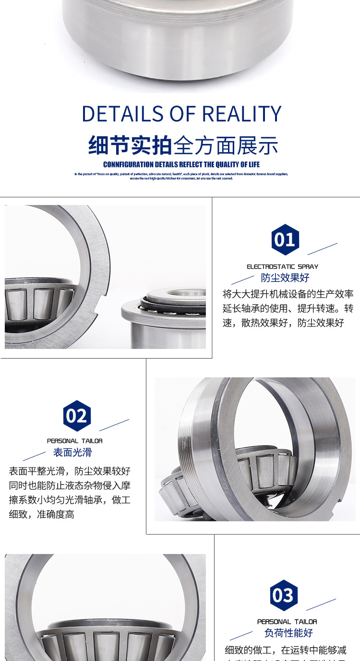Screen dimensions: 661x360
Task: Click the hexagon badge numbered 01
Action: [285, 239]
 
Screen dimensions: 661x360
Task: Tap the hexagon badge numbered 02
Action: [77, 416]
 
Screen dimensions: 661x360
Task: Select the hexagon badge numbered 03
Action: [284, 596]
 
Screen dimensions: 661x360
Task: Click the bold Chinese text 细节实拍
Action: [130, 145]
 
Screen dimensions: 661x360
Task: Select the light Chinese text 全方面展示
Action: [226, 145]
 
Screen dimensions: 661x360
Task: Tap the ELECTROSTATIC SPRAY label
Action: [282, 266]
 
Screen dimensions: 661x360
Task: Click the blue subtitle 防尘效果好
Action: [285, 278]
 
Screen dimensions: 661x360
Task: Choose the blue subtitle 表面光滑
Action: [72, 452]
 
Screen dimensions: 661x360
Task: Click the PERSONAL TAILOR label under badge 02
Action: [74, 441]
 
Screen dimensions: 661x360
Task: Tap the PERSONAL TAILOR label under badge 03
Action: [287, 622]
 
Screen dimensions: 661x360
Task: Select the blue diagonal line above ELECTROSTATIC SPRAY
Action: [322, 249]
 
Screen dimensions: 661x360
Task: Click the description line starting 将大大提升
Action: [288, 294]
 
